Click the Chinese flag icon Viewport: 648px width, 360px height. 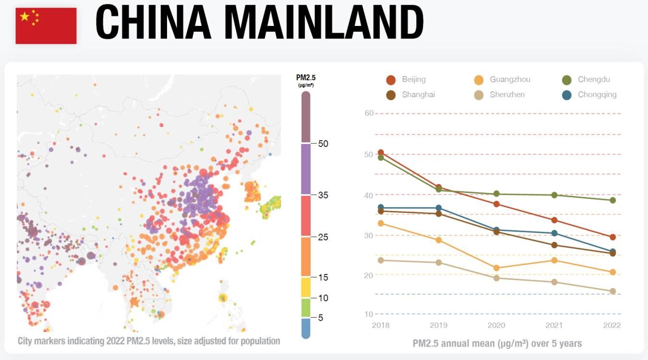pos(46,26)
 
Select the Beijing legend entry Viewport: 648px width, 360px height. pos(406,80)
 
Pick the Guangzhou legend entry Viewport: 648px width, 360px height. pos(502,80)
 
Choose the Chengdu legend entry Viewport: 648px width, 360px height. pos(588,80)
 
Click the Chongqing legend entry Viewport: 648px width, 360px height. pos(590,95)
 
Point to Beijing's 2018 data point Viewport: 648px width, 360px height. pos(381,153)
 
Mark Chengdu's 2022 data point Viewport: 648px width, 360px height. pos(612,200)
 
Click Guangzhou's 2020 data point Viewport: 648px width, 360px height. pos(497,268)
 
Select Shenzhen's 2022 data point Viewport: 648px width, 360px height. pos(612,291)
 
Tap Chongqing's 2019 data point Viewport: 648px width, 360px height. pos(439,208)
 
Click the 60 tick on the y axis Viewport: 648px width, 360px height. pos(369,113)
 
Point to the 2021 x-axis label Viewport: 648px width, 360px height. pos(554,325)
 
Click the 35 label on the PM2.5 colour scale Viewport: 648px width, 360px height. pos(323,195)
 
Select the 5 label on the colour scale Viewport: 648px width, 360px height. pos(320,317)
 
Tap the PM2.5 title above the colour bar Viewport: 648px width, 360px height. pos(306,78)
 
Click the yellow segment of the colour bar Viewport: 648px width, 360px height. pos(306,287)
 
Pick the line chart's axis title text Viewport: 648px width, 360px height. pos(497,344)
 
